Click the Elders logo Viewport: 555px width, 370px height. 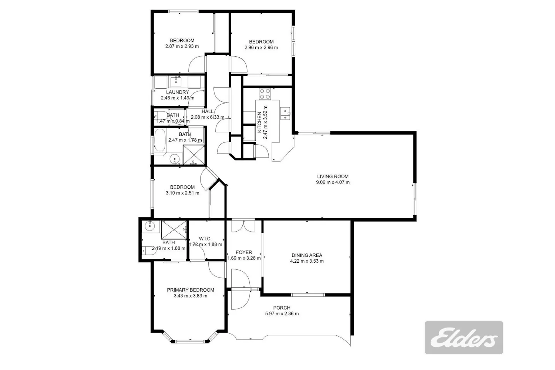(464, 337)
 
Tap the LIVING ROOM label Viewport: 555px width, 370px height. (333, 176)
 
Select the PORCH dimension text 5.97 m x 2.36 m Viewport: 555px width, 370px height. (282, 313)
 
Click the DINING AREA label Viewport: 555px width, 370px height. (307, 255)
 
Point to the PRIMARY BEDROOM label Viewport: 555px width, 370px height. (191, 290)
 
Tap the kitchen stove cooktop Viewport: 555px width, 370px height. (265, 94)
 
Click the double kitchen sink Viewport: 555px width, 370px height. (285, 114)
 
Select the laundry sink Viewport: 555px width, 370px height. (176, 81)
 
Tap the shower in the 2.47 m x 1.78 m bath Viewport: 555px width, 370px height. (194, 155)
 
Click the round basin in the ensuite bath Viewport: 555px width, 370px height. (149, 226)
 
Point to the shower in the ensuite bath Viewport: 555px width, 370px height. (174, 230)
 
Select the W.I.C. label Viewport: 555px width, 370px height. (205, 239)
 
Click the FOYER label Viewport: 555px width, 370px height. (244, 252)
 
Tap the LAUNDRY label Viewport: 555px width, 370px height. (177, 92)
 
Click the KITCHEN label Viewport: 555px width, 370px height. (259, 122)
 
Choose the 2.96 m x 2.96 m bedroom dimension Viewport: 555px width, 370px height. (261, 47)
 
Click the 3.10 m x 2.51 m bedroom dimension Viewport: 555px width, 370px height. (182, 193)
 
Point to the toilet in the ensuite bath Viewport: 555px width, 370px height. (149, 251)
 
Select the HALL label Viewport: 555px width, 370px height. (207, 111)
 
